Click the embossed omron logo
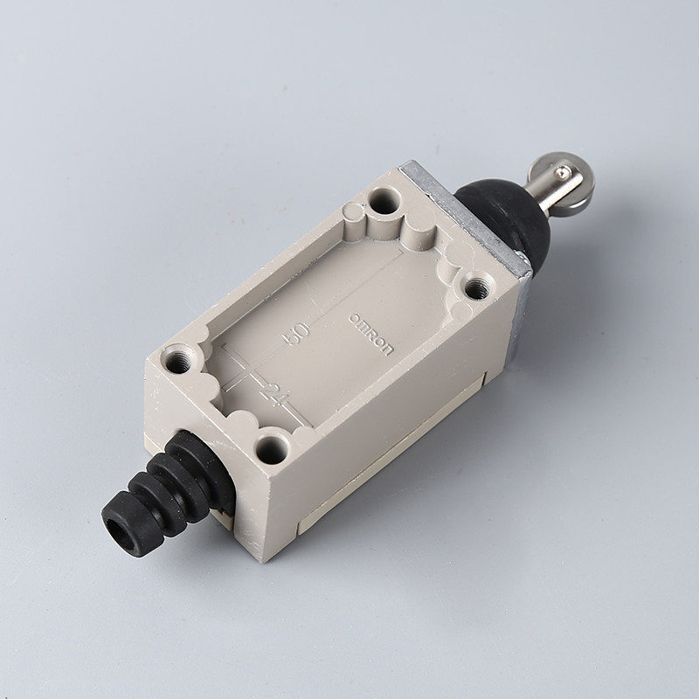click(x=371, y=335)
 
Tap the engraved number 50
click(x=296, y=334)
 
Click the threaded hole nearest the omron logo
click(x=477, y=288)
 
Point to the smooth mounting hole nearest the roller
click(x=384, y=201)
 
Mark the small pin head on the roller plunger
click(x=564, y=170)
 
